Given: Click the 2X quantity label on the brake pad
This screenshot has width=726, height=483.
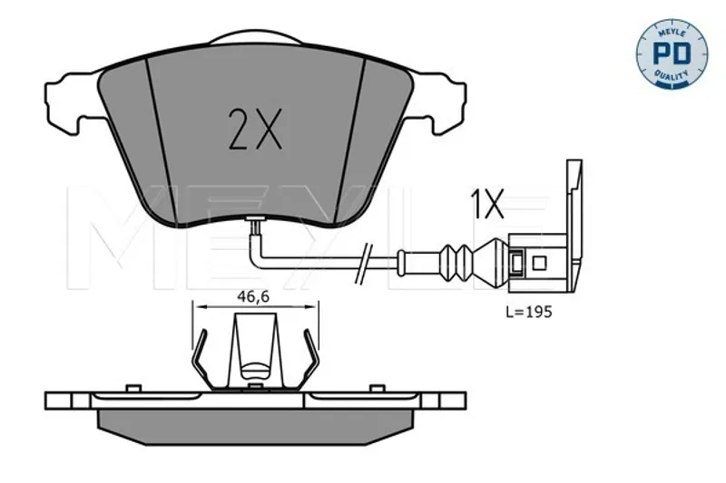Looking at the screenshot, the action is (255, 130).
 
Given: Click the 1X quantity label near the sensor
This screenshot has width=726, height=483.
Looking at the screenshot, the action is (487, 203).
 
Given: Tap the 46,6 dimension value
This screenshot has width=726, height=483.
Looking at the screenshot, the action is (253, 296).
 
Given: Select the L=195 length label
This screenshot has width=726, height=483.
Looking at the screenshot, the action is (529, 313).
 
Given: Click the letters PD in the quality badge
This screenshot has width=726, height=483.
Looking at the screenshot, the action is (672, 53).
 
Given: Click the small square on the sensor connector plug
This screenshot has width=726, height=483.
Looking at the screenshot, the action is (539, 263).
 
